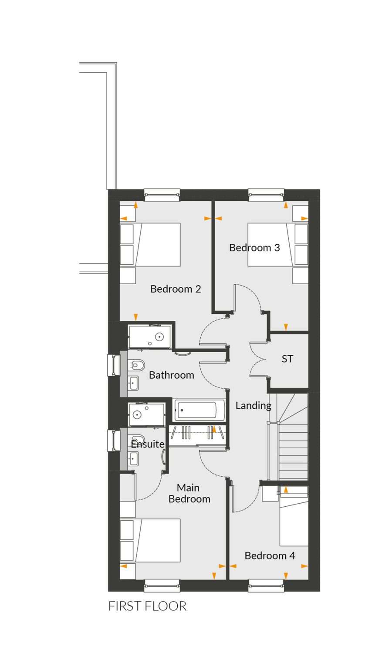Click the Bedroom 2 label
(176, 289)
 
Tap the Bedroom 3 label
(254, 248)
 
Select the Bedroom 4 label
(270, 555)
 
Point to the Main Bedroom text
(189, 493)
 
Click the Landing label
(253, 405)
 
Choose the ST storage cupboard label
(287, 359)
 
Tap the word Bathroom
(171, 375)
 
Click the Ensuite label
(147, 444)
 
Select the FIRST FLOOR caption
(147, 606)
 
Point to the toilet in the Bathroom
(136, 365)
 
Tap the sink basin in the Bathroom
(133, 383)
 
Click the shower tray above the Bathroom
(150, 337)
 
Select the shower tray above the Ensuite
(146, 414)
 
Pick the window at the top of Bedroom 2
(162, 195)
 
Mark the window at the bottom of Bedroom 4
(266, 586)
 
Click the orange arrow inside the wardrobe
(214, 428)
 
